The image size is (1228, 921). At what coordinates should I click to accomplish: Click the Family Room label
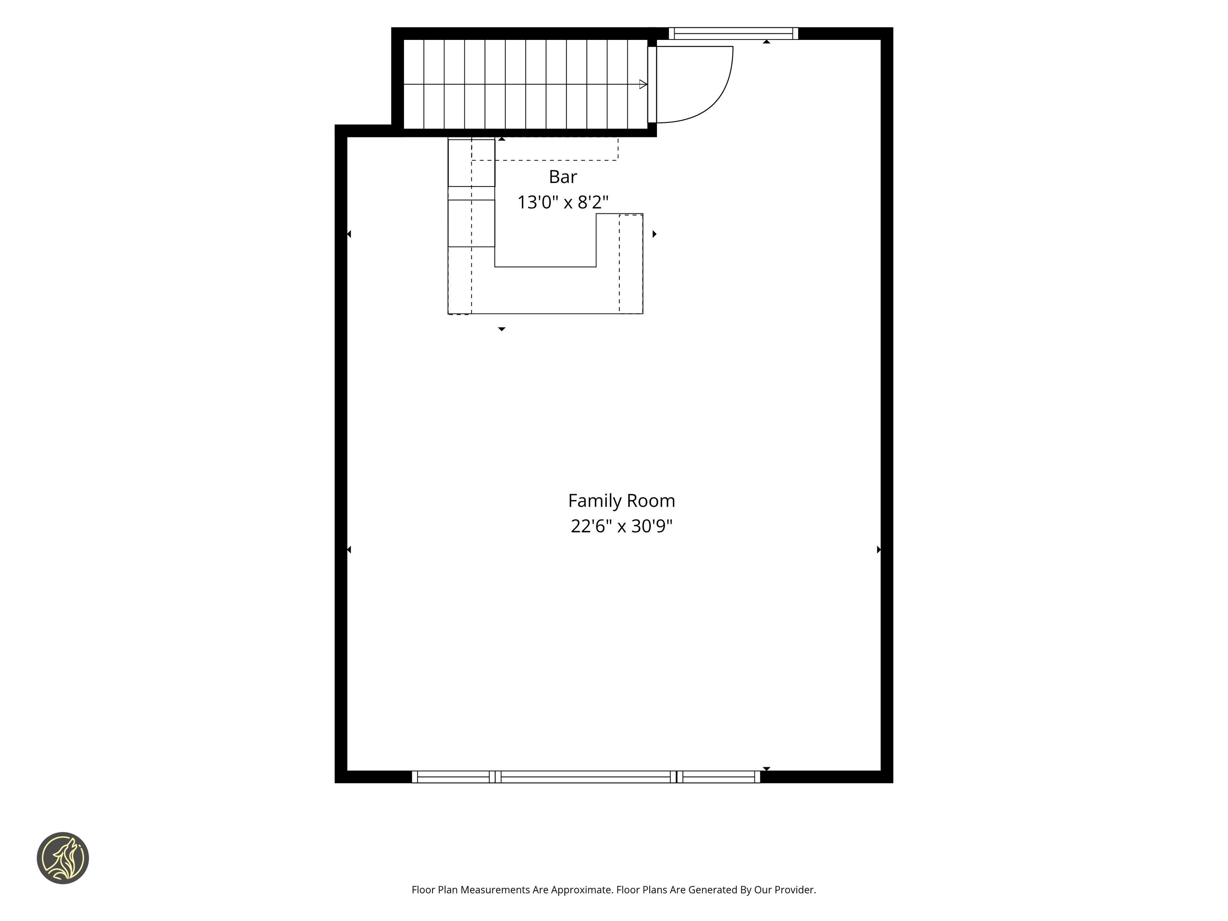(x=621, y=501)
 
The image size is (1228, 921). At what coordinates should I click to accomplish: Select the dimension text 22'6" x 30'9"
(x=621, y=526)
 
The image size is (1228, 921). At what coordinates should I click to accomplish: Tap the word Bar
(x=563, y=177)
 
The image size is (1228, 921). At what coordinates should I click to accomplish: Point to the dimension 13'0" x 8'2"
(x=563, y=202)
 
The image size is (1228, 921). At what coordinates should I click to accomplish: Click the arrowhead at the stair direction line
(x=644, y=84)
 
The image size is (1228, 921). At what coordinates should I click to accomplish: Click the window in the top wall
(x=733, y=33)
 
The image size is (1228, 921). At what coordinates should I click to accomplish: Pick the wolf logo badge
(x=63, y=858)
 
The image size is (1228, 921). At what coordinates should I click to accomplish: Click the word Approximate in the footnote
(x=581, y=890)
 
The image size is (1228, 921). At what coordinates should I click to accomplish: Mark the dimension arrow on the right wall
(x=879, y=550)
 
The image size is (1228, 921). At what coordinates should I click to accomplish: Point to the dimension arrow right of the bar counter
(x=655, y=234)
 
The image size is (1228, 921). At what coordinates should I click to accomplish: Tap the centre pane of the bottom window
(x=586, y=777)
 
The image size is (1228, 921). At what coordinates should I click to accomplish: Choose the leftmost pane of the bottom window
(x=453, y=777)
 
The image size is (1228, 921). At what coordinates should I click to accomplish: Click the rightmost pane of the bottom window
(x=718, y=777)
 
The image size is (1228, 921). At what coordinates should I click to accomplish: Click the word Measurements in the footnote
(x=495, y=890)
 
